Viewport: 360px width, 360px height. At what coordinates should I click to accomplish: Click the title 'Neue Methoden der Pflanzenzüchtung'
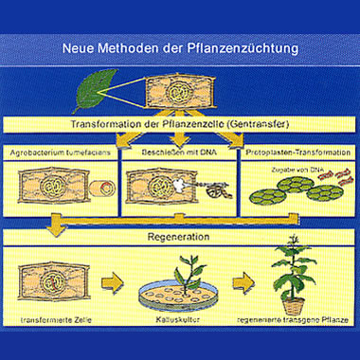click(x=180, y=46)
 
